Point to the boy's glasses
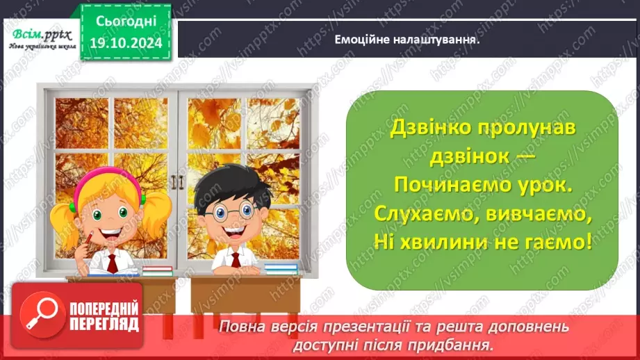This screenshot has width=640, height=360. pyautogui.click(x=227, y=209)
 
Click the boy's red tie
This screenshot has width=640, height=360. pyautogui.click(x=236, y=261)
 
